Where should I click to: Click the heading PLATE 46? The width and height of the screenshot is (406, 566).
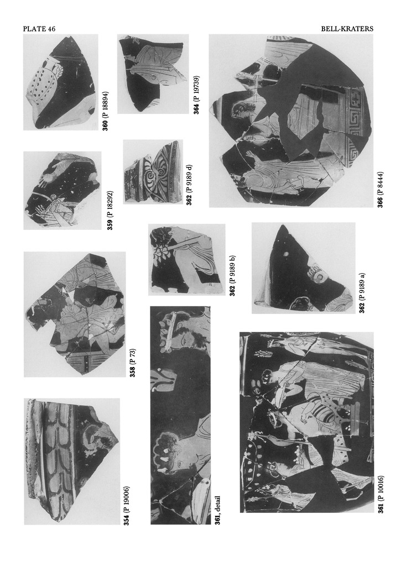click(x=39, y=29)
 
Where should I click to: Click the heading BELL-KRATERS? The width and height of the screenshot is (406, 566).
click(x=347, y=29)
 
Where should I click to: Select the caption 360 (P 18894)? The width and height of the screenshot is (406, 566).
click(x=106, y=111)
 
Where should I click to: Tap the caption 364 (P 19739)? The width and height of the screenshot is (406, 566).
click(x=196, y=95)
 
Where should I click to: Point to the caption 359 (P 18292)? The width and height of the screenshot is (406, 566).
click(x=111, y=210)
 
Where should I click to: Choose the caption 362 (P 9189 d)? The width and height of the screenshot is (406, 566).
click(x=190, y=185)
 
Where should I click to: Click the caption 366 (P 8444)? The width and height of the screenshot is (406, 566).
click(x=380, y=190)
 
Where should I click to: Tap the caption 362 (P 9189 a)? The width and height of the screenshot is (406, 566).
click(x=362, y=293)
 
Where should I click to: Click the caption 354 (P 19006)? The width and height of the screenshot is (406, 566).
click(x=127, y=505)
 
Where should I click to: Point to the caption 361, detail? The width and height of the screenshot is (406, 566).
click(x=217, y=510)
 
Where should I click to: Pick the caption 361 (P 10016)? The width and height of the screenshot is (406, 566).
click(x=380, y=494)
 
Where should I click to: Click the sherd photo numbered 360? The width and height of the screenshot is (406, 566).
click(x=61, y=82)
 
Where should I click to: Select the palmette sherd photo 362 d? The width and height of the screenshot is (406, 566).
click(x=153, y=172)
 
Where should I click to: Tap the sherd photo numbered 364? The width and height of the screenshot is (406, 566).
click(x=153, y=74)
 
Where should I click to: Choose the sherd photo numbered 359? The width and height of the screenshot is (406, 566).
click(x=63, y=191)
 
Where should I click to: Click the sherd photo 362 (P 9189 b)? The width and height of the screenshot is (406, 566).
click(x=187, y=260)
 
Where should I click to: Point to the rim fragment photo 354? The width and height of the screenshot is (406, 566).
click(x=72, y=462)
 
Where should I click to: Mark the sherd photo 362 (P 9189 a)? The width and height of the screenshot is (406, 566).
click(x=304, y=268)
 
